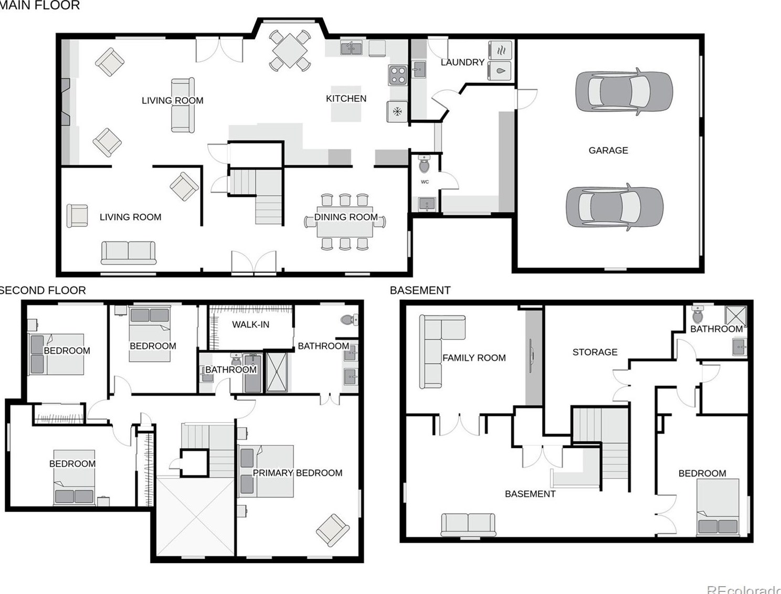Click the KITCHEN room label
click(x=346, y=99)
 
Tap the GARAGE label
click(x=608, y=151)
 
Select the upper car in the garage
click(x=624, y=91)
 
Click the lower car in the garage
click(x=614, y=207)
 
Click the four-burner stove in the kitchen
click(x=398, y=75)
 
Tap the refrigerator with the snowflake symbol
click(x=397, y=111)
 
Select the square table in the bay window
click(x=290, y=50)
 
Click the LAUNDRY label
click(x=462, y=62)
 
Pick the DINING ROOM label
click(x=345, y=217)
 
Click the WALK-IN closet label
click(x=250, y=325)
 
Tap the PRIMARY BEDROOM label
click(x=297, y=473)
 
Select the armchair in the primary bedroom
click(x=332, y=530)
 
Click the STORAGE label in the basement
click(x=594, y=352)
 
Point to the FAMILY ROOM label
click(x=473, y=358)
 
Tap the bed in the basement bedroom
click(x=717, y=507)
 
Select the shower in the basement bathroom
click(x=735, y=316)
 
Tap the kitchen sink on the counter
click(x=351, y=48)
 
